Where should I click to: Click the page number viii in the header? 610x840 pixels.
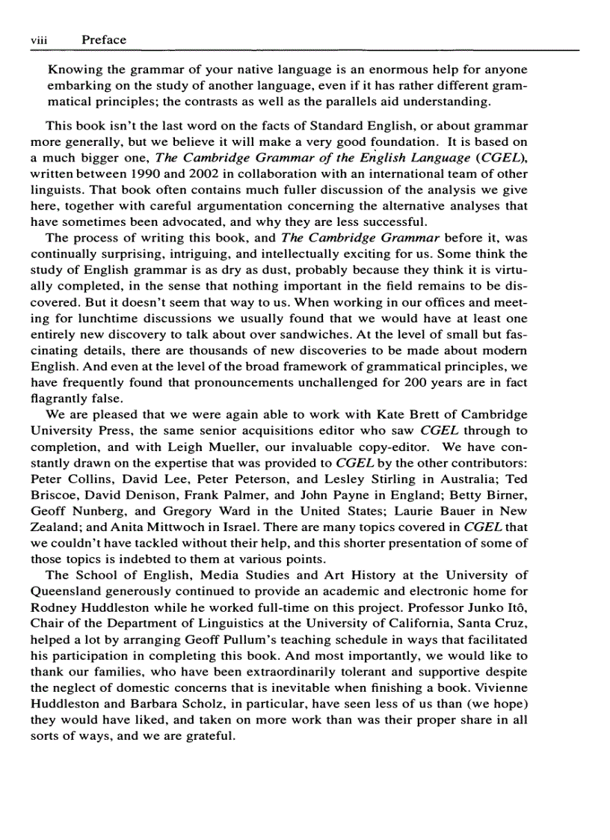pos(39,40)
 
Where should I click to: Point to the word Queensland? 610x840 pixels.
pos(64,591)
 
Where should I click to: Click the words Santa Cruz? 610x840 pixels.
pos(497,623)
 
